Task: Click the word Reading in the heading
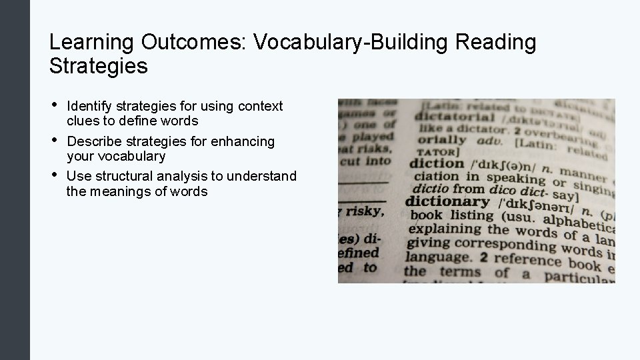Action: click(496, 43)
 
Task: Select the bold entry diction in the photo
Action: click(436, 164)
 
